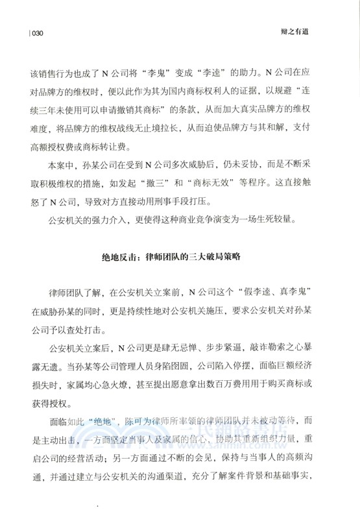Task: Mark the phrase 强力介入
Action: click(108, 219)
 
